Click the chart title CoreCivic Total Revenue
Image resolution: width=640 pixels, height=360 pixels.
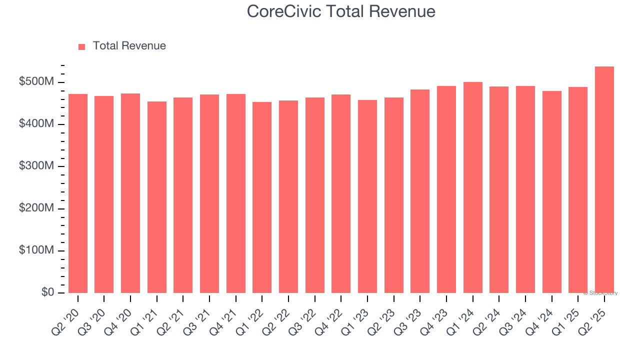(341, 11)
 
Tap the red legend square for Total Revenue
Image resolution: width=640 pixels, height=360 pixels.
(82, 46)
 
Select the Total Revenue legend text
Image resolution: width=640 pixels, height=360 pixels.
(129, 46)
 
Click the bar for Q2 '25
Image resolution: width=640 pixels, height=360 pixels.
(604, 180)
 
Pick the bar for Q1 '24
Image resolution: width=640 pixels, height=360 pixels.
(472, 187)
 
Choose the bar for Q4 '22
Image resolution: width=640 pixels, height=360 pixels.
(341, 194)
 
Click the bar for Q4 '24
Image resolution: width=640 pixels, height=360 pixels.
(551, 192)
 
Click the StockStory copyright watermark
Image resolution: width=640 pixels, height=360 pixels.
(600, 293)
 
